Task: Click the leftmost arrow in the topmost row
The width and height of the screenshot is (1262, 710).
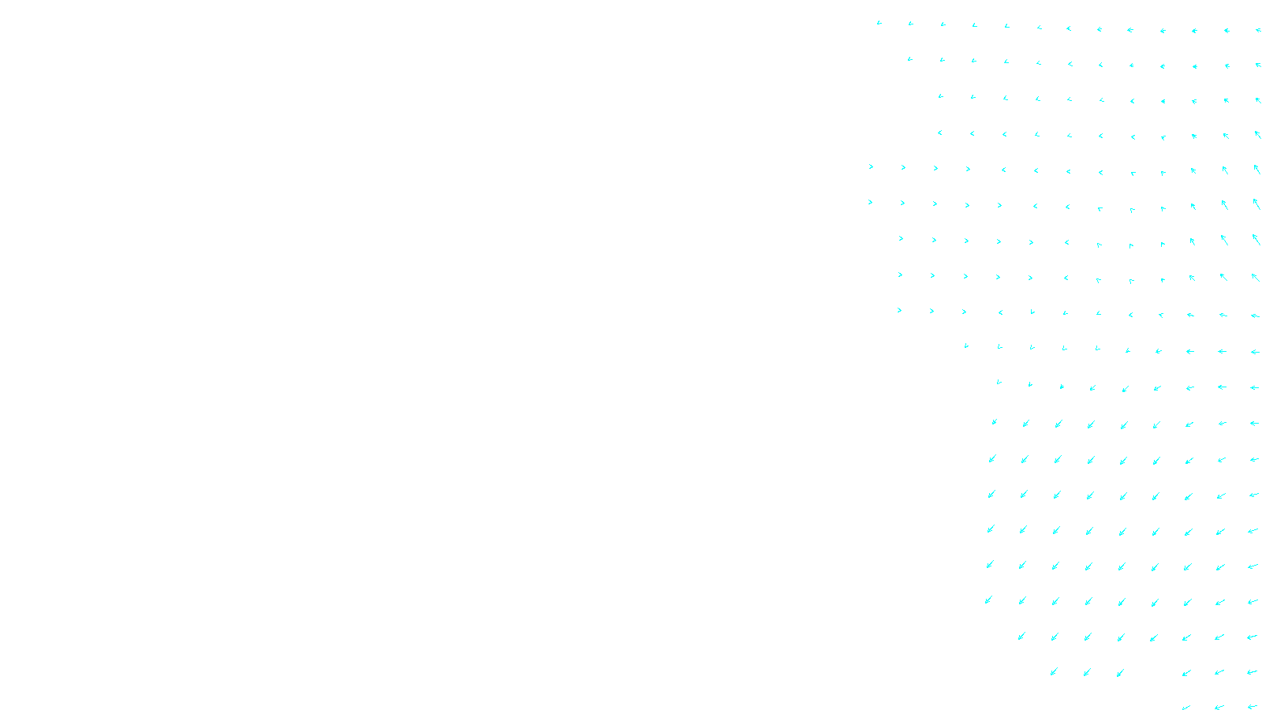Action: pos(879,23)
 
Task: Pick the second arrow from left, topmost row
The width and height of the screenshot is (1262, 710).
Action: pos(910,24)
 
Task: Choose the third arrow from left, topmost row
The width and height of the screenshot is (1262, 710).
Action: pos(943,24)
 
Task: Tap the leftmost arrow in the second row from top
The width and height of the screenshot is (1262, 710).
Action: pos(909,59)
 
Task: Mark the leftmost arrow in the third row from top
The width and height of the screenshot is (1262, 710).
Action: pos(940,96)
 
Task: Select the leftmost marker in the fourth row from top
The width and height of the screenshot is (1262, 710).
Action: pos(939,133)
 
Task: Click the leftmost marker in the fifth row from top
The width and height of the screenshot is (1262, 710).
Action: pos(871,167)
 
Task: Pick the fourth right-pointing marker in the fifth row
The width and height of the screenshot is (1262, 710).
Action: pos(968,169)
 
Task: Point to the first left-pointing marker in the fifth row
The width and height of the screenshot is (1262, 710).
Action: pos(1003,170)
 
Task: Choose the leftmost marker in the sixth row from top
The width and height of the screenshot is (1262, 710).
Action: pos(870,203)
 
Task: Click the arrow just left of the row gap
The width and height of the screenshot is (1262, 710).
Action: pos(1120,673)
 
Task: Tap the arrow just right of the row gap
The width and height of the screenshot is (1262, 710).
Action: pos(1185,673)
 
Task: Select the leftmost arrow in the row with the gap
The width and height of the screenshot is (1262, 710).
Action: pos(1054,672)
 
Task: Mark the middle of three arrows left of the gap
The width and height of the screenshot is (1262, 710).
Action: pos(1087,672)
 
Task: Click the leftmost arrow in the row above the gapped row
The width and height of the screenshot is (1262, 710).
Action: pos(1021,636)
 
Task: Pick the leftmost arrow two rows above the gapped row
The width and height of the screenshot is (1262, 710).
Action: pos(988,600)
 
